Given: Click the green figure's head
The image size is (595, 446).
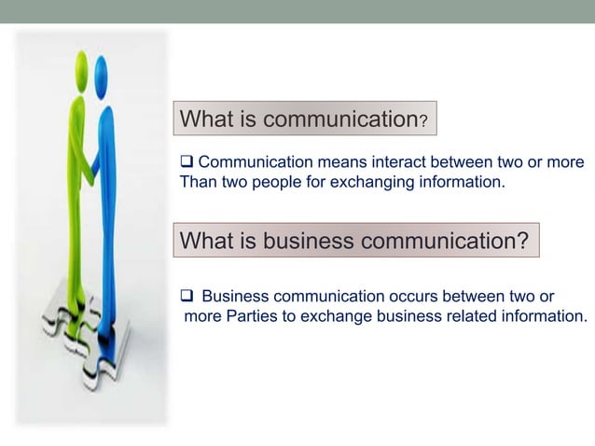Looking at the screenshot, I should tap(82, 66).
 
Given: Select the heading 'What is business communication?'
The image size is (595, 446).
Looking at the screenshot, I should tap(354, 241).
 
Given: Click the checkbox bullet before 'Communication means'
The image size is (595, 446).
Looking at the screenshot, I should tap(186, 163).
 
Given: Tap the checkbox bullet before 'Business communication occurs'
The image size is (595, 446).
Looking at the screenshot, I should tap(186, 297).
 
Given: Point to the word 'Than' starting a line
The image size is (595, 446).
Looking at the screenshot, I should tap(197, 182).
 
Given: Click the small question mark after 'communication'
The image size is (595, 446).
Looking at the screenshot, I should tap(423, 122).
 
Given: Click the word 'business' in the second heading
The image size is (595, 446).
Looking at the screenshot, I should tap(307, 241).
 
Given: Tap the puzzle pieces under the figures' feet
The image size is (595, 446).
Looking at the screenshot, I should tap(89, 336).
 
